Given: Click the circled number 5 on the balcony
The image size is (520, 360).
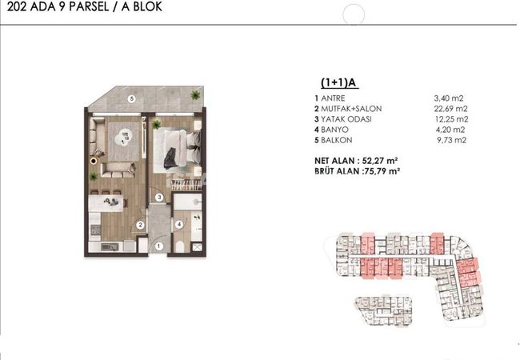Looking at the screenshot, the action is (132, 98).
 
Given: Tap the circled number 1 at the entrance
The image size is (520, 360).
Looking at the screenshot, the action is (158, 246).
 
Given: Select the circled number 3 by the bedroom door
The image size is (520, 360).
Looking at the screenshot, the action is (159, 198).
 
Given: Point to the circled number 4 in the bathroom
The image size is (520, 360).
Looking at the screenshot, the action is (179, 225).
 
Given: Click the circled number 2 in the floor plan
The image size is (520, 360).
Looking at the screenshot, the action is (140, 225).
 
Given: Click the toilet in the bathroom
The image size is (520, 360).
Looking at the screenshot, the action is (180, 247).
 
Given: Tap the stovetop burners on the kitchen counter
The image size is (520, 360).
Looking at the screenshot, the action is (95, 230).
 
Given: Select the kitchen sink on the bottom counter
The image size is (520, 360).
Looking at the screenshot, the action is (110, 247).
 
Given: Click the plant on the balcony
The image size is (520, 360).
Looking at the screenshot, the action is (195, 95).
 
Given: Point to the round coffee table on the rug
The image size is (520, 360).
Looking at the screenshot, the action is (123, 137).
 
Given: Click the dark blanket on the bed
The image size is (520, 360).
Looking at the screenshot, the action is (170, 158).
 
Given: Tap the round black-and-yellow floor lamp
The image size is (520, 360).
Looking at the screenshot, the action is (94, 161).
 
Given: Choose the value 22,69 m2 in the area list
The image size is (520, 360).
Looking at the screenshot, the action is (450, 109).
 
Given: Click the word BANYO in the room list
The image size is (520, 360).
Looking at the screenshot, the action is (334, 130).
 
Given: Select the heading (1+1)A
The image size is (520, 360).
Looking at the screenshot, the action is (339, 82).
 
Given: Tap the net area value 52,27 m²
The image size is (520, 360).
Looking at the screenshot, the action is (380, 161).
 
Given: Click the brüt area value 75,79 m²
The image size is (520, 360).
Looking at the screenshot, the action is (382, 171).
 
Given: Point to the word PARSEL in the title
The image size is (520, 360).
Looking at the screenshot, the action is (89, 6).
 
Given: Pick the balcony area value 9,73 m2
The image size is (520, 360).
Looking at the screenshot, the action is (452, 140).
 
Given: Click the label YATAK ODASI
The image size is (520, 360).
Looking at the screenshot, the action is (346, 119).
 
